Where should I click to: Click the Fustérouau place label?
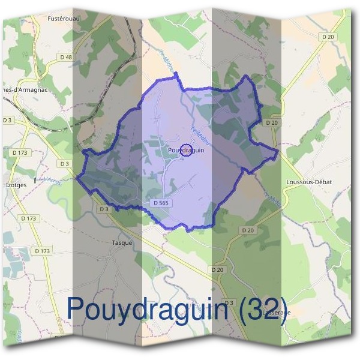[x=64, y=19]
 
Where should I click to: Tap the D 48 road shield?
[x=68, y=58]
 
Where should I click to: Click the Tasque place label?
[x=122, y=243]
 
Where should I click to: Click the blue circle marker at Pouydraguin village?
[x=185, y=151]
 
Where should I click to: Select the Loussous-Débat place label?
[x=310, y=181]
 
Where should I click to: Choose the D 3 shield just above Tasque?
[x=104, y=209]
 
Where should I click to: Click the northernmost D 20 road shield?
[x=328, y=37]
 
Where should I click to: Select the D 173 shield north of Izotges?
[x=19, y=153]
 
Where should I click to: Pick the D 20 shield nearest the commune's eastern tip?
[x=272, y=122]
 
